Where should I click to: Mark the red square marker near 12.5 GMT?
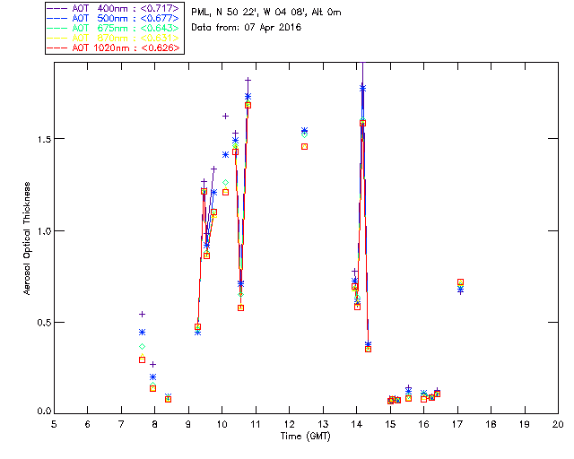[305, 146]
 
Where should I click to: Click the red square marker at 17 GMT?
[460, 282]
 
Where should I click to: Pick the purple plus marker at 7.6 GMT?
[142, 314]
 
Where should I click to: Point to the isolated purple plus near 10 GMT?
[225, 116]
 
